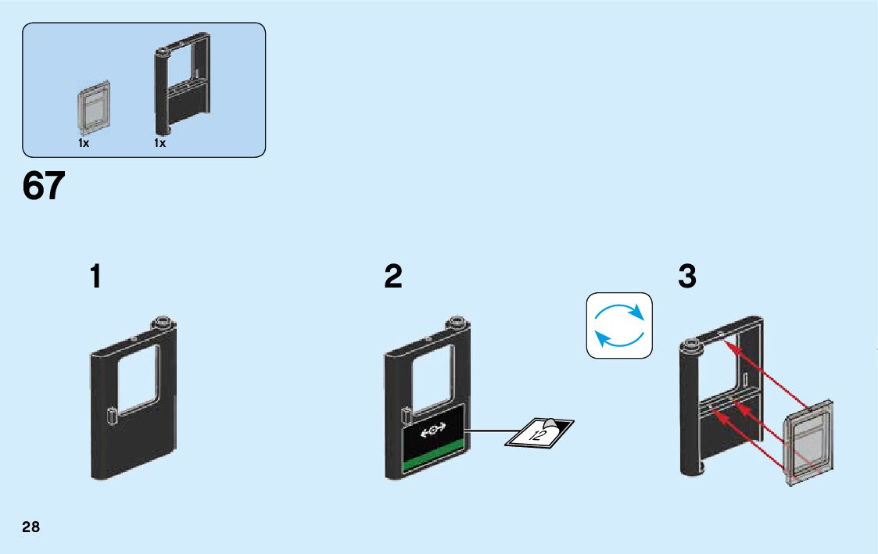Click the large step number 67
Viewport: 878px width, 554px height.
coord(44,188)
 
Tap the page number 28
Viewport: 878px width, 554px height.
coord(30,527)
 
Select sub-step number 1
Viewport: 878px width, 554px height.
coord(95,277)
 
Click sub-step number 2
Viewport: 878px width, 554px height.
coord(393,277)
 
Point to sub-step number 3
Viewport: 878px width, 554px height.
coord(687,277)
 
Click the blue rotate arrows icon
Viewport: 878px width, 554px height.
coord(619,326)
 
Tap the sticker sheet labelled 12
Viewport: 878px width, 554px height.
coord(539,432)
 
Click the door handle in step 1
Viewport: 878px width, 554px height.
coord(113,415)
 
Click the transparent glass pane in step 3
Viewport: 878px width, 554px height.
coord(808,443)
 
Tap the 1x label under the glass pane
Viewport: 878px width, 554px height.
coord(84,144)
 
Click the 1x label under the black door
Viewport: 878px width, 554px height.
coord(159,144)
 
